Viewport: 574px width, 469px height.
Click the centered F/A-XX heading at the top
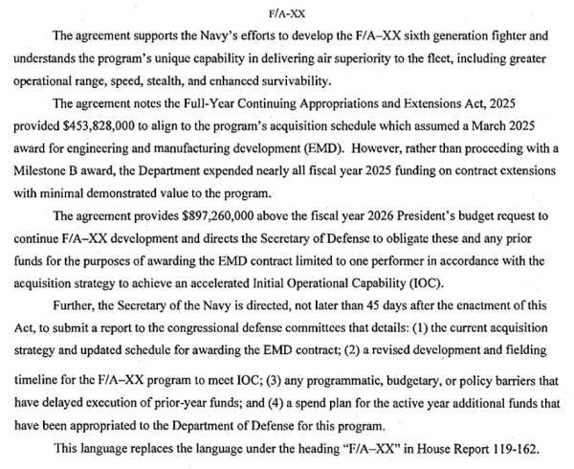point(287,13)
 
